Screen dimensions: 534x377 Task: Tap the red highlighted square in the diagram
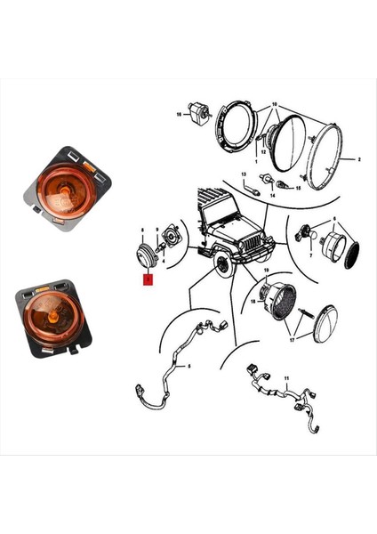point(148,279)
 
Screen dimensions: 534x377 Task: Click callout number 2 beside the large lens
point(358,160)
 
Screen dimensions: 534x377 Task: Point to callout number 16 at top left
point(179,115)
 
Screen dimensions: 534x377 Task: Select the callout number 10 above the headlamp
point(275,105)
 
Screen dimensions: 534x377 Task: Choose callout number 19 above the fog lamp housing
point(266,270)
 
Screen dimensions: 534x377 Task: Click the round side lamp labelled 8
point(143,255)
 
